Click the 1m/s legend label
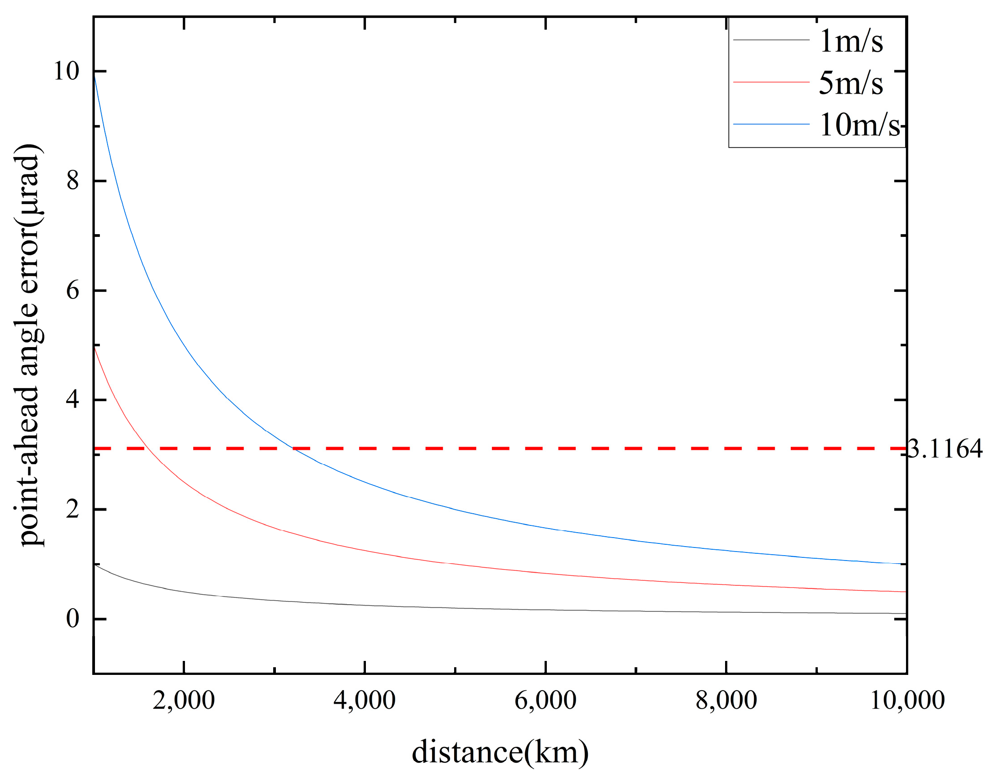click(851, 41)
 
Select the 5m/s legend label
click(851, 83)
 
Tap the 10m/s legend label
click(860, 124)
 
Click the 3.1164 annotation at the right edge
click(945, 449)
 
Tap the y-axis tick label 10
click(67, 71)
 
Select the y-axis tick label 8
click(73, 181)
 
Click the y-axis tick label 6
click(73, 290)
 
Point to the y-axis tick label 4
click(73, 399)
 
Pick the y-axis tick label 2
click(73, 509)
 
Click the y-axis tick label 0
click(73, 619)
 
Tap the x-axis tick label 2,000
click(184, 700)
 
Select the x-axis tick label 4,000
click(364, 700)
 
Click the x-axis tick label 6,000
click(545, 700)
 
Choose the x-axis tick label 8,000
click(726, 700)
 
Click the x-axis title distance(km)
click(500, 752)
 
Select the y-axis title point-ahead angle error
click(28, 344)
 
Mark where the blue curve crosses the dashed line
click(293, 449)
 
